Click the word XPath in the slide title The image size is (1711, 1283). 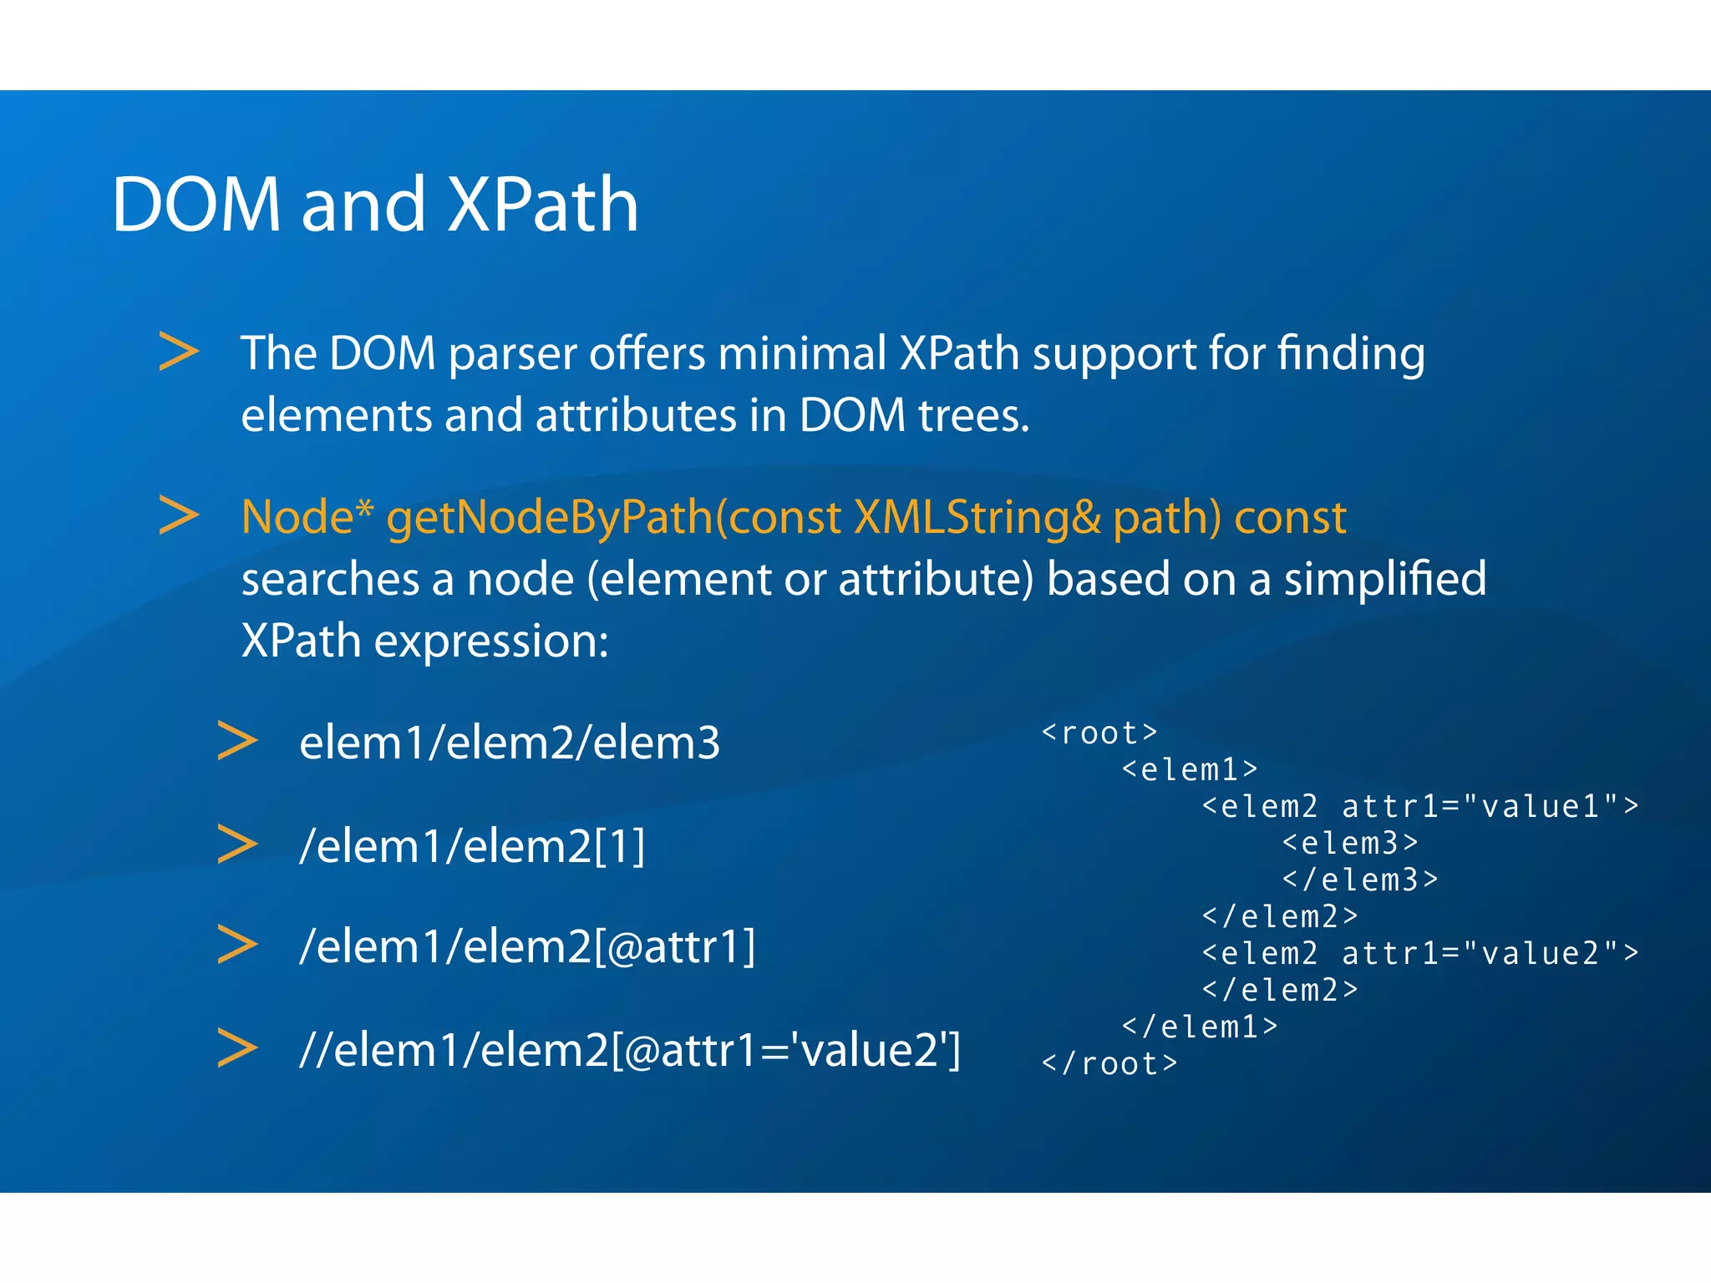pyautogui.click(x=543, y=205)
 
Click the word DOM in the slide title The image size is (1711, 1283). pyautogui.click(x=196, y=205)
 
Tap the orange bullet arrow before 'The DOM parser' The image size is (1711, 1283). pyautogui.click(x=179, y=352)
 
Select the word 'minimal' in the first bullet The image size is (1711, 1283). pyautogui.click(x=802, y=353)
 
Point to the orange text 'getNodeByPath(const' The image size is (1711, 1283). pyautogui.click(x=614, y=517)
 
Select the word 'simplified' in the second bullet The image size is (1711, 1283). pyautogui.click(x=1384, y=579)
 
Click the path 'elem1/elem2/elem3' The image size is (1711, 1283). pyautogui.click(x=510, y=743)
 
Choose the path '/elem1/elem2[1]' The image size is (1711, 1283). pyautogui.click(x=473, y=846)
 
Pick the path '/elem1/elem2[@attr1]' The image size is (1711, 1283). pyautogui.click(x=527, y=947)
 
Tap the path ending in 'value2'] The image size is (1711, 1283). pyautogui.click(x=630, y=1050)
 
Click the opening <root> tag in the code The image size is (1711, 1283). pyautogui.click(x=1099, y=733)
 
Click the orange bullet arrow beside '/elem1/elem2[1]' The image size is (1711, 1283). pyautogui.click(x=237, y=844)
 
